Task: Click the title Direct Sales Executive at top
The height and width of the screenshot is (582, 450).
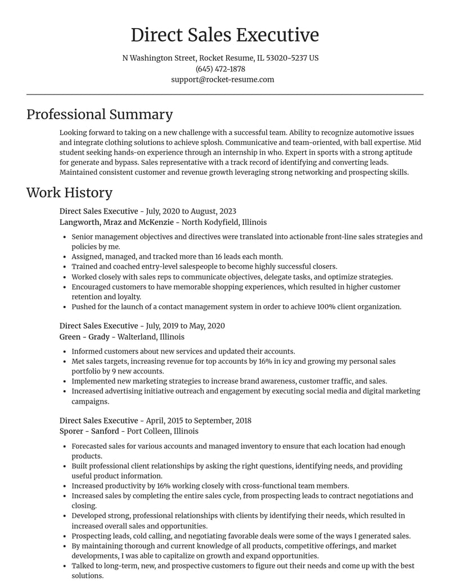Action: click(x=224, y=35)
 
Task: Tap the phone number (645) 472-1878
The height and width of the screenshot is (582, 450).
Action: click(x=220, y=69)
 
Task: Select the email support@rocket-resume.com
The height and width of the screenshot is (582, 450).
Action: click(x=223, y=79)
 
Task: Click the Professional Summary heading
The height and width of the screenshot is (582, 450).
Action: click(x=100, y=114)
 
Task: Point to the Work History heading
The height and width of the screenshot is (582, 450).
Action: click(x=69, y=192)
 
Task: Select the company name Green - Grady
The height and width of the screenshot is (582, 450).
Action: click(x=85, y=336)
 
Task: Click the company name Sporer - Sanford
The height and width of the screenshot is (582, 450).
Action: click(x=89, y=431)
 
